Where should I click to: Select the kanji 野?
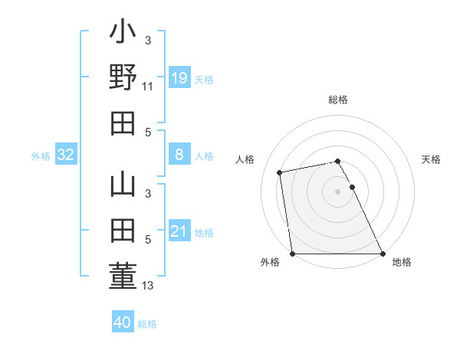[123, 78]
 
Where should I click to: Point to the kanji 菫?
[123, 276]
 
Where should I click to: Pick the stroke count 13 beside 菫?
[148, 286]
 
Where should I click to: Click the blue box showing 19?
[179, 78]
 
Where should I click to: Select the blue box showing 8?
[179, 155]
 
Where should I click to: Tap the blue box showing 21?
[179, 231]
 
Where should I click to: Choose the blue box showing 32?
[66, 155]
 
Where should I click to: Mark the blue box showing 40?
[123, 322]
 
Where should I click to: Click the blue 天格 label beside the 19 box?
[204, 80]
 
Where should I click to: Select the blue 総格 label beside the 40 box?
[148, 324]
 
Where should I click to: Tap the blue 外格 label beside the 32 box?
[41, 156]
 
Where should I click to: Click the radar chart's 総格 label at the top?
[338, 100]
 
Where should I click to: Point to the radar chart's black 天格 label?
[432, 159]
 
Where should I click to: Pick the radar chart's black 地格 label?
[402, 263]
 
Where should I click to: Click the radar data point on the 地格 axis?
[383, 253]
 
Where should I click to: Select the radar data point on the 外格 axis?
[292, 253]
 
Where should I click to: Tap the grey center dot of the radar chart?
[337, 191]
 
